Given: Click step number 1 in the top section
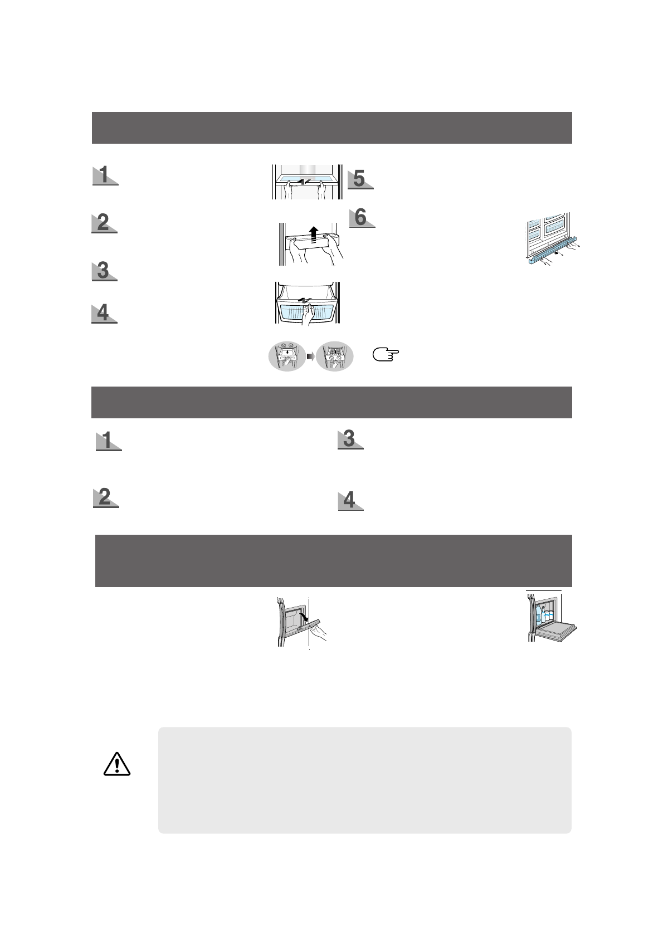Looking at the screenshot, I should tap(104, 175).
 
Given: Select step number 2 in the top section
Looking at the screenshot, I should tap(104, 223).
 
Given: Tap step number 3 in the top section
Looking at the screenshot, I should tap(103, 271).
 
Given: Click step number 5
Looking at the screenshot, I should tap(359, 179).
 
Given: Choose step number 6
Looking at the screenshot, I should tap(361, 217).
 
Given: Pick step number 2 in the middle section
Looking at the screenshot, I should tap(105, 497).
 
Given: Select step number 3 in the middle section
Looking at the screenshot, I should tap(349, 439).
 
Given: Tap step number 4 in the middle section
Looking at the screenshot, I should tap(349, 500).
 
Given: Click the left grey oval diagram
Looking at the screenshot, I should tap(286, 356).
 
